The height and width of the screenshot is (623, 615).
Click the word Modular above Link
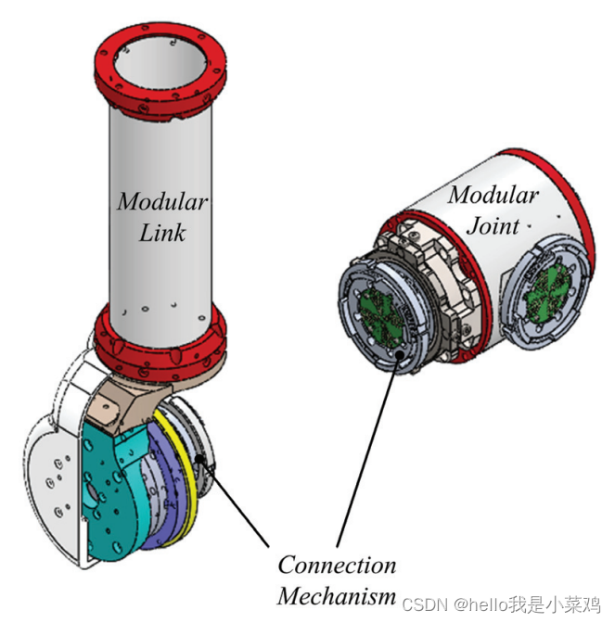coord(162,202)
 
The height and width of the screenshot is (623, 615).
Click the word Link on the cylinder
coord(162,232)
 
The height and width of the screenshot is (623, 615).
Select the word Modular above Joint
coord(493,196)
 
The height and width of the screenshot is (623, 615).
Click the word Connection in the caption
coord(337,566)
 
